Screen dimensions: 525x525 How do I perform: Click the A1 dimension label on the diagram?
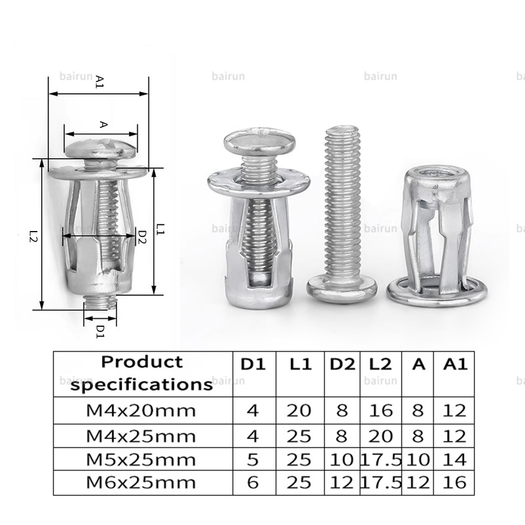tap(100, 81)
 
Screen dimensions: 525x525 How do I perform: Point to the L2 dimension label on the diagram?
tap(33, 236)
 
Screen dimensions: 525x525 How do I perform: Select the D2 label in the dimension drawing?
tap(142, 237)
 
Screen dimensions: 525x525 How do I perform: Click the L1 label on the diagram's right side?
tap(160, 229)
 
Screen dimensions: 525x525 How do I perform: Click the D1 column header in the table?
tap(253, 364)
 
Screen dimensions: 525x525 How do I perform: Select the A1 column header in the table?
tap(455, 364)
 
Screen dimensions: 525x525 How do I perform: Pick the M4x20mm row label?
tap(141, 411)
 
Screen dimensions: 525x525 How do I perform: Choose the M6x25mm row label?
tap(141, 482)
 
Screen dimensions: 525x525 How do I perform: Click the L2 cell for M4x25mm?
tap(381, 436)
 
